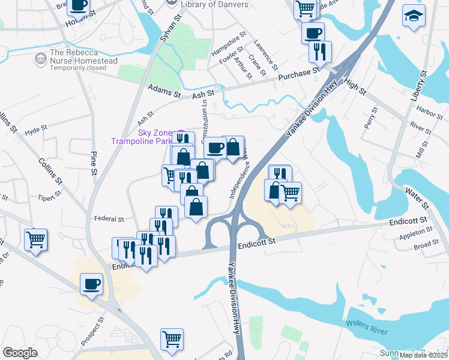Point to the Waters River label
click(x=366, y=327)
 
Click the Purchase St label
click(x=299, y=76)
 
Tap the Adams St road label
click(x=164, y=91)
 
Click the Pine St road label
click(x=94, y=163)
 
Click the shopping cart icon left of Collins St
click(x=35, y=239)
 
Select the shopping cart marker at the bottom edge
click(x=172, y=338)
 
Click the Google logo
click(x=20, y=353)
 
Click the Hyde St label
click(x=36, y=129)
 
